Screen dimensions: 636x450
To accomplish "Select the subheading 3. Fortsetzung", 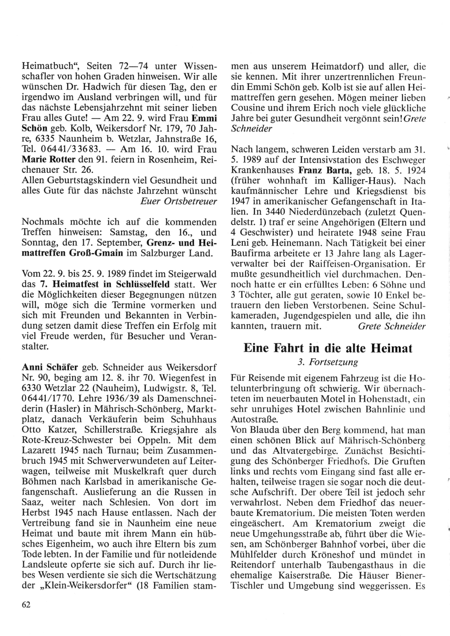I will click(328, 362).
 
